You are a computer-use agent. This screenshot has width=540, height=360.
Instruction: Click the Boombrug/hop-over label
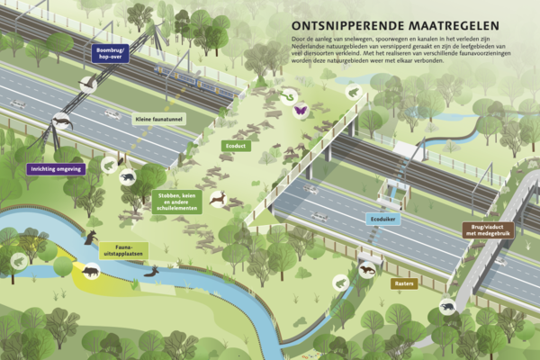[108, 52]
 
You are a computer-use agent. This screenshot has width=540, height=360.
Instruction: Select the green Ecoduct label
[236, 145]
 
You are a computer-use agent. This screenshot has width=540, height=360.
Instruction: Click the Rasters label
[404, 283]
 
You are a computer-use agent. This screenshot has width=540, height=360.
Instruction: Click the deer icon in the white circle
[217, 197]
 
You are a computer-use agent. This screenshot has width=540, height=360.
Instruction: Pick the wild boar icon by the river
[91, 269]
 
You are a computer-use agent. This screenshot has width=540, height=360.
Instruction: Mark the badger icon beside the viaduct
[447, 308]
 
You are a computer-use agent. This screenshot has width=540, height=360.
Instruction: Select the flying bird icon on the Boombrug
[89, 84]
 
